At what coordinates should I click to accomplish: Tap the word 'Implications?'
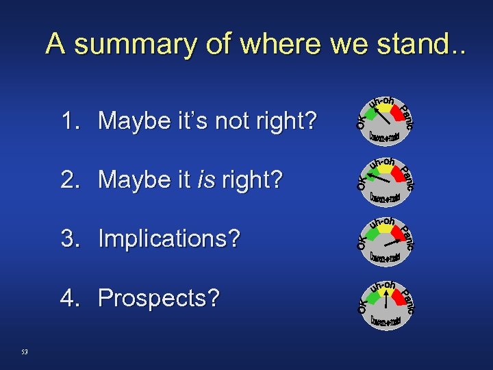point(169,239)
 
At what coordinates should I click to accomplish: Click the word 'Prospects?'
point(159,299)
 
